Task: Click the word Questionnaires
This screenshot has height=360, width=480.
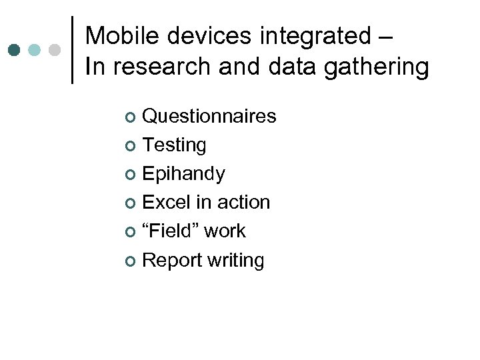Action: tap(209, 116)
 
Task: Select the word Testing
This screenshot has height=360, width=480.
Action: tap(175, 145)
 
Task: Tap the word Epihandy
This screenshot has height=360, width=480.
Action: tap(184, 174)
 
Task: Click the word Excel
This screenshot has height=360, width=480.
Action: tap(167, 202)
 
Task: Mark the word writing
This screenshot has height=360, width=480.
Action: tap(235, 261)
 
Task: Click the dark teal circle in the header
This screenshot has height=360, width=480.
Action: tap(15, 50)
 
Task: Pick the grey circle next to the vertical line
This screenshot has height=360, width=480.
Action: tap(55, 50)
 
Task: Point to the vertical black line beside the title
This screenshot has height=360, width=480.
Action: tap(72, 49)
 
